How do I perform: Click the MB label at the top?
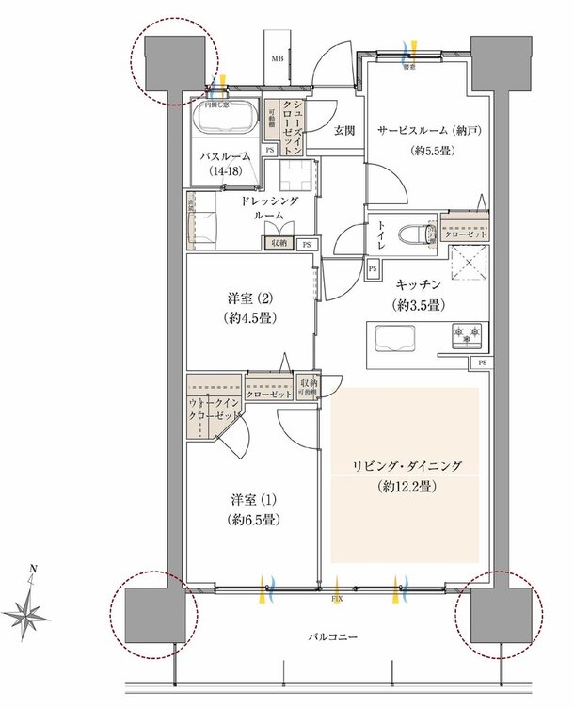pos(278,59)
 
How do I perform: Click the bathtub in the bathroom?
pos(223,120)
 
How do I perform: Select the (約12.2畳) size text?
pos(404,487)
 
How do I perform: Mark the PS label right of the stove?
pos(482,363)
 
